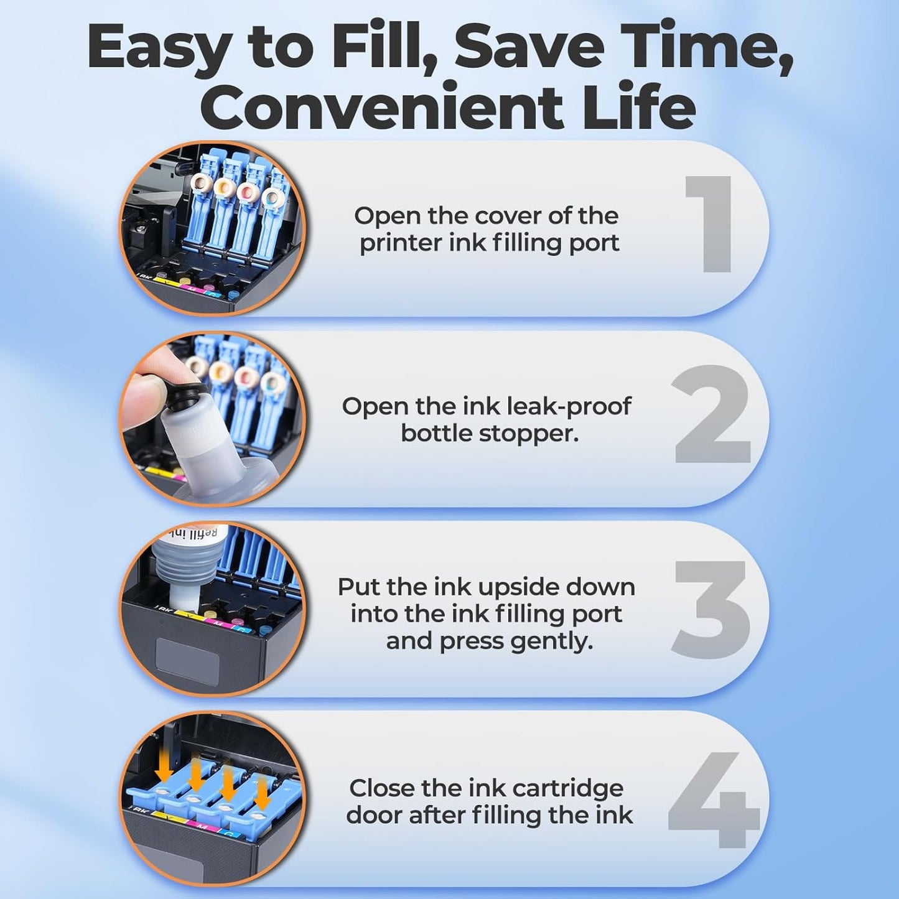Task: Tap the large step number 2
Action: click(712, 415)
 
